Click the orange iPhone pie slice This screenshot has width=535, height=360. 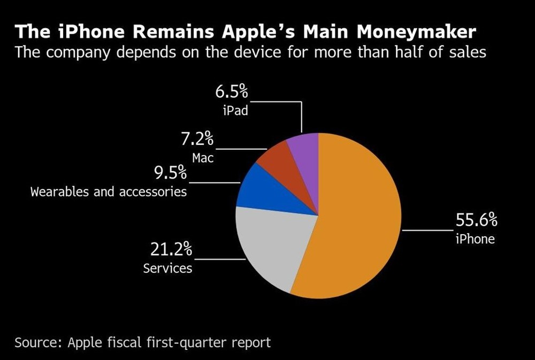(x=358, y=225)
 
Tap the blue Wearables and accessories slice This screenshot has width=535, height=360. (x=257, y=190)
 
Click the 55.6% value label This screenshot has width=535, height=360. (x=476, y=220)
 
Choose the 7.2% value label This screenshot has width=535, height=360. (x=197, y=140)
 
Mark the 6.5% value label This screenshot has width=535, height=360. (x=232, y=92)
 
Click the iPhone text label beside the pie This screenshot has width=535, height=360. (x=475, y=239)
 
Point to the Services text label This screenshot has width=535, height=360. (x=167, y=267)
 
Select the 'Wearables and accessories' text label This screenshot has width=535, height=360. (x=109, y=191)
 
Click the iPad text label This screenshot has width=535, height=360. (x=235, y=111)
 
